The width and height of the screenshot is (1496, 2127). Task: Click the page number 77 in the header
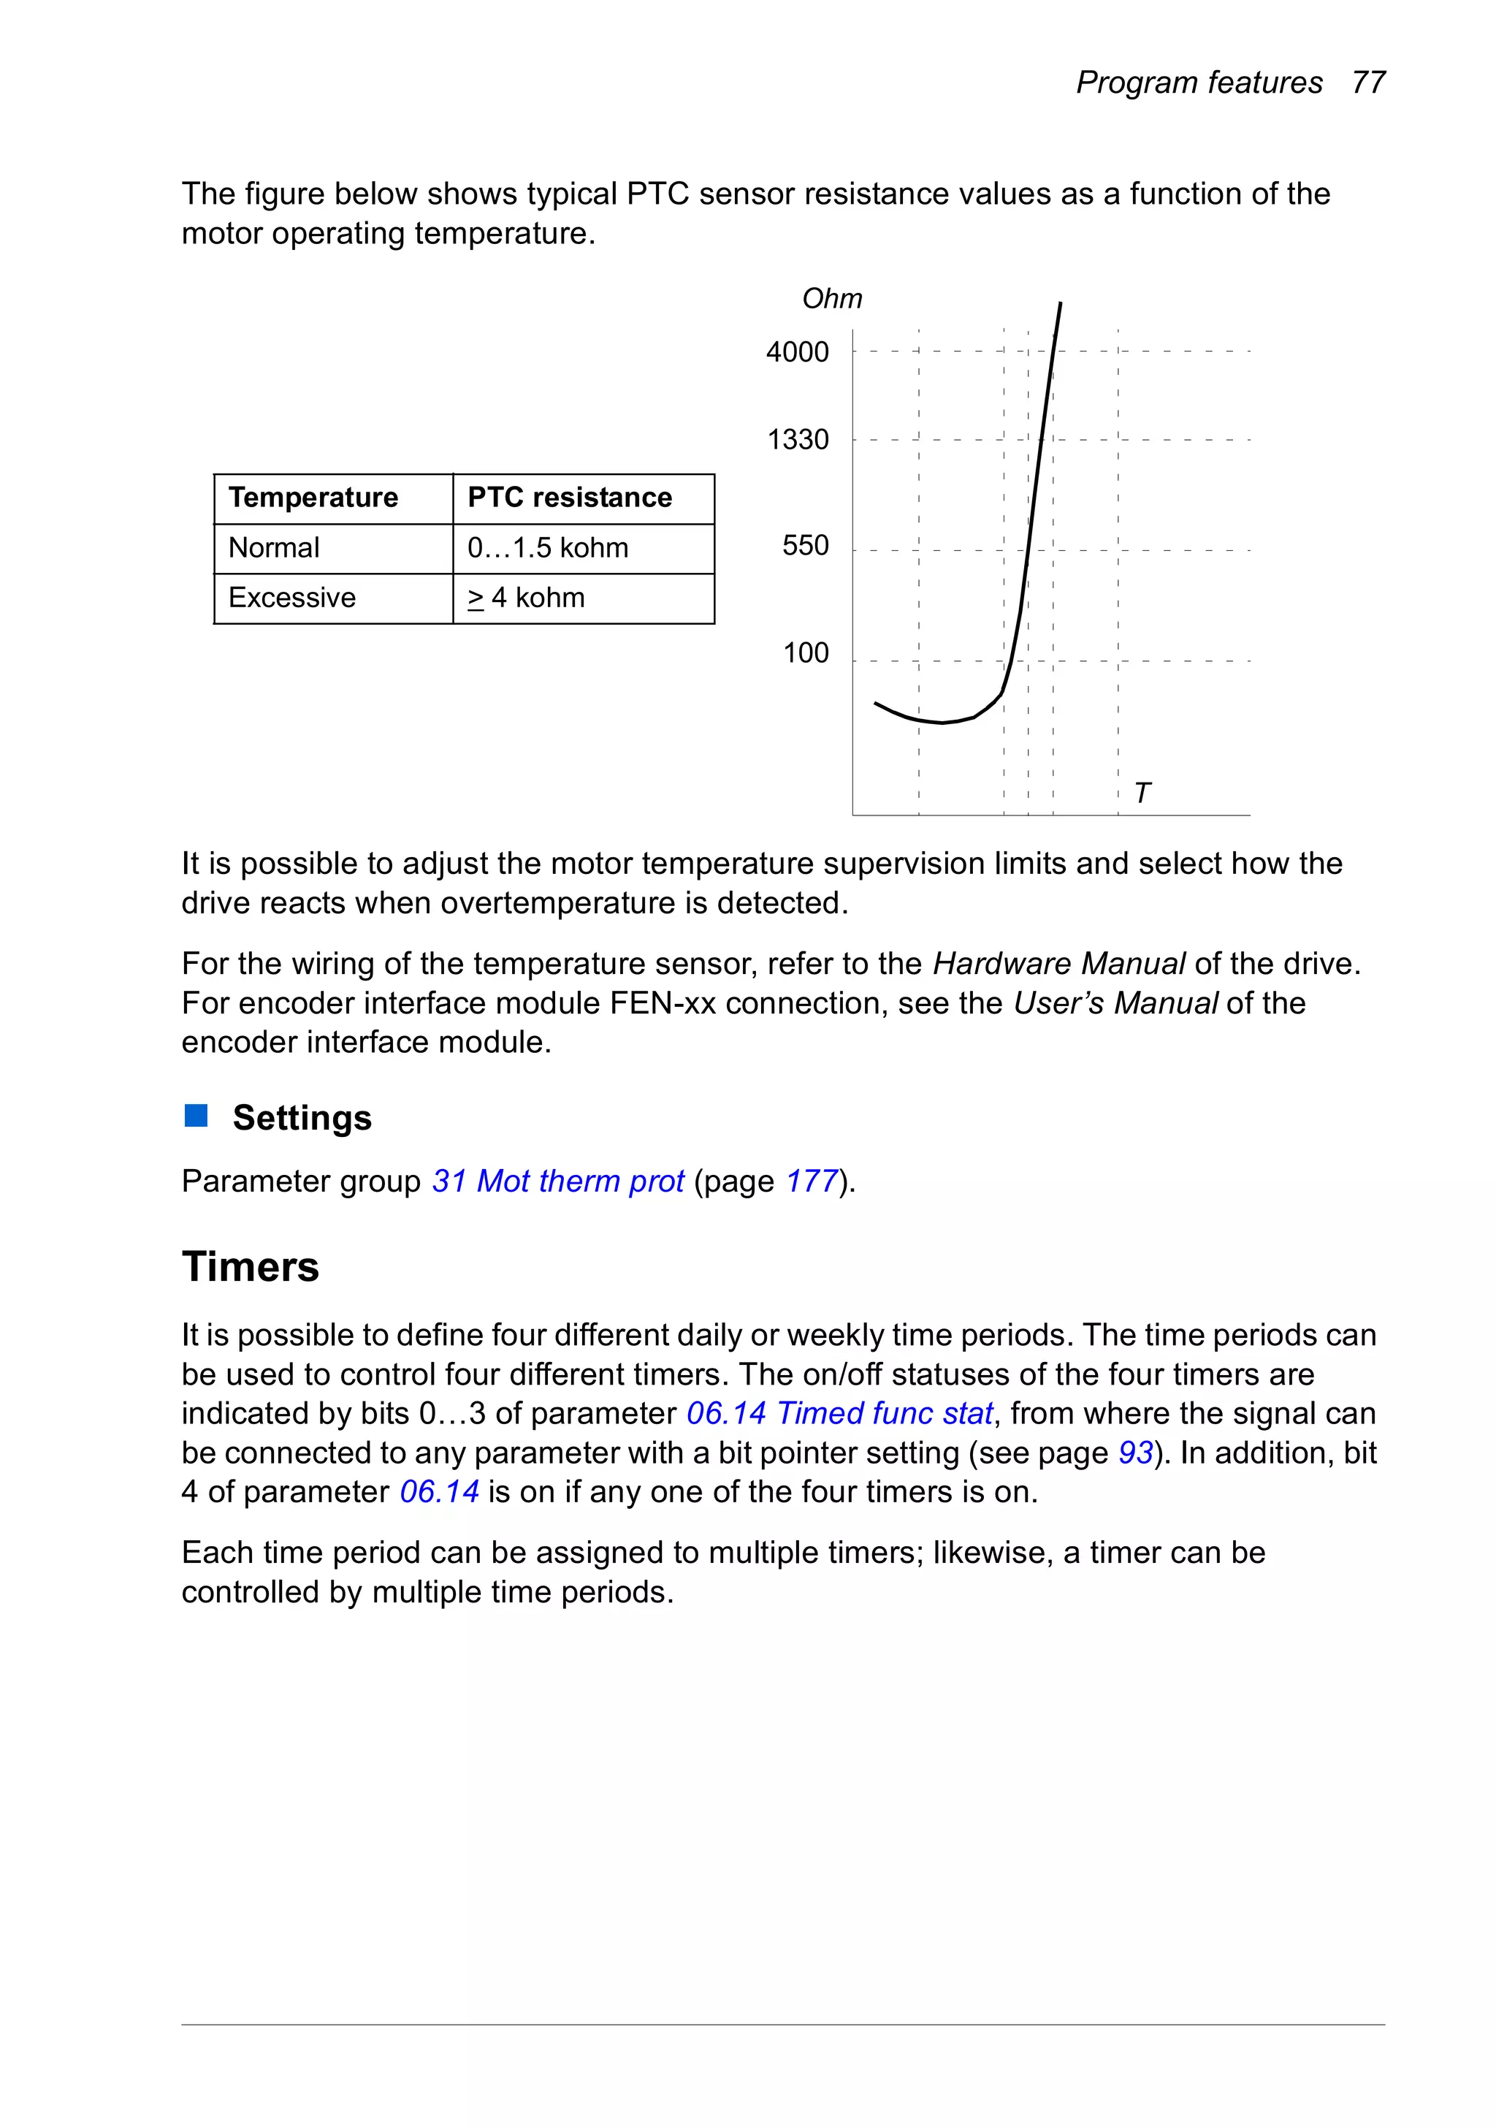click(x=1367, y=83)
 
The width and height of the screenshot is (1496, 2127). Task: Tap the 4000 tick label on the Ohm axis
click(x=797, y=352)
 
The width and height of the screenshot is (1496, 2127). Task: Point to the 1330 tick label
click(x=798, y=439)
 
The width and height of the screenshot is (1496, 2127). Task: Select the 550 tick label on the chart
click(x=805, y=546)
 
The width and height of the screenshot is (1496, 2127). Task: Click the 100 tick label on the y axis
click(x=805, y=653)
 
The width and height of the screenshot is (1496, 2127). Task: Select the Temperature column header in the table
click(x=313, y=498)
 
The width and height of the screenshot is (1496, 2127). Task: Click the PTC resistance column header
click(x=569, y=498)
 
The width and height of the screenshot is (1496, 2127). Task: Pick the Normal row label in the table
click(x=273, y=547)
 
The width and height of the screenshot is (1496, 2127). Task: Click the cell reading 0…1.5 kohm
click(x=547, y=547)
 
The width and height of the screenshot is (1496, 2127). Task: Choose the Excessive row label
click(x=291, y=598)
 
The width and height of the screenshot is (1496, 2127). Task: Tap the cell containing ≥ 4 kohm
click(x=526, y=598)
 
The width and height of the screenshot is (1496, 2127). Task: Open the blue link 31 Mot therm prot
click(x=557, y=1182)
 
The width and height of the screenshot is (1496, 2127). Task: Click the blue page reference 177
click(x=812, y=1182)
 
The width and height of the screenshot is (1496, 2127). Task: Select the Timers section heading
click(x=250, y=1266)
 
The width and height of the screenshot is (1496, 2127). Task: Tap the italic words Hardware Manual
click(x=1058, y=964)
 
